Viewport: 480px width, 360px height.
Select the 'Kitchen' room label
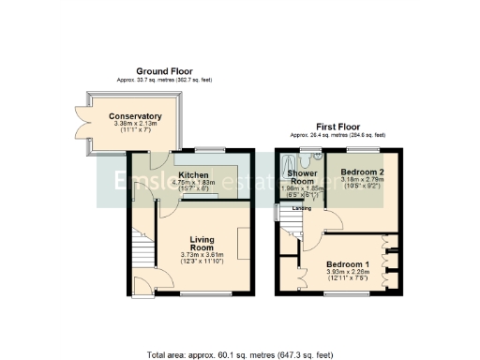[x=193, y=174]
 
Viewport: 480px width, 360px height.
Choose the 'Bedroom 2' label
[x=356, y=173]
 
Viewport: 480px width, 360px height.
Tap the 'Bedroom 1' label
[x=348, y=264]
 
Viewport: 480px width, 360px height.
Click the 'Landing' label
[x=302, y=208]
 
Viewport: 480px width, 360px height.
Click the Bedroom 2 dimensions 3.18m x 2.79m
[x=356, y=181]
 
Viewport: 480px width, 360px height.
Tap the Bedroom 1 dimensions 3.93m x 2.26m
[x=348, y=272]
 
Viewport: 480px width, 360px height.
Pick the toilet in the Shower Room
[x=318, y=157]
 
